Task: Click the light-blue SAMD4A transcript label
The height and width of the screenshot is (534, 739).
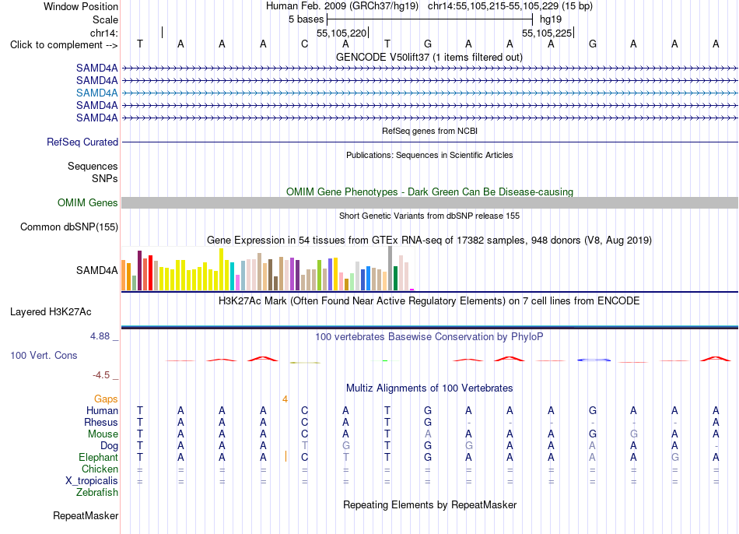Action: tap(96, 93)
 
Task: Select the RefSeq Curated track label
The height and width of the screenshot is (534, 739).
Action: tap(82, 142)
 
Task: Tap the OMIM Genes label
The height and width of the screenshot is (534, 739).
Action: tap(87, 203)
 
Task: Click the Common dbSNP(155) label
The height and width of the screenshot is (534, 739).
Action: tap(68, 227)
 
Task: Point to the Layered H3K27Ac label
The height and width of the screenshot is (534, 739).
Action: tap(51, 312)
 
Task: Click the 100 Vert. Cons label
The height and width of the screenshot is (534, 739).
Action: tap(44, 355)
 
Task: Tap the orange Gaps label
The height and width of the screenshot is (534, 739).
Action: tap(106, 399)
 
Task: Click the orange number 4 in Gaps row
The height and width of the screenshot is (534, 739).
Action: tap(285, 399)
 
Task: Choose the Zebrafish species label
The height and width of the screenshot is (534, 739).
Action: tap(97, 493)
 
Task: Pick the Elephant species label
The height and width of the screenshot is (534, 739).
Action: tap(98, 458)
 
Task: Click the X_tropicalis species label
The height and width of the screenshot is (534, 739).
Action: tap(92, 481)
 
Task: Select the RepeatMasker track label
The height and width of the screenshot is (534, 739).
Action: tap(86, 515)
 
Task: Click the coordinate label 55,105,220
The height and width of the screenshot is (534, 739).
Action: tap(341, 33)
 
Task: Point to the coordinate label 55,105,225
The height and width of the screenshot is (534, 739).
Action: tap(547, 33)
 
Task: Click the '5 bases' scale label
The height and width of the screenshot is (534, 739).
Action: tap(306, 19)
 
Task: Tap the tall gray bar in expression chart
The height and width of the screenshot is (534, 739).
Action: tap(391, 268)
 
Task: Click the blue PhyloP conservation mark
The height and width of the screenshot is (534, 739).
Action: tap(594, 360)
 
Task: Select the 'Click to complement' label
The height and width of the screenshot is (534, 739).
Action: tap(64, 45)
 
